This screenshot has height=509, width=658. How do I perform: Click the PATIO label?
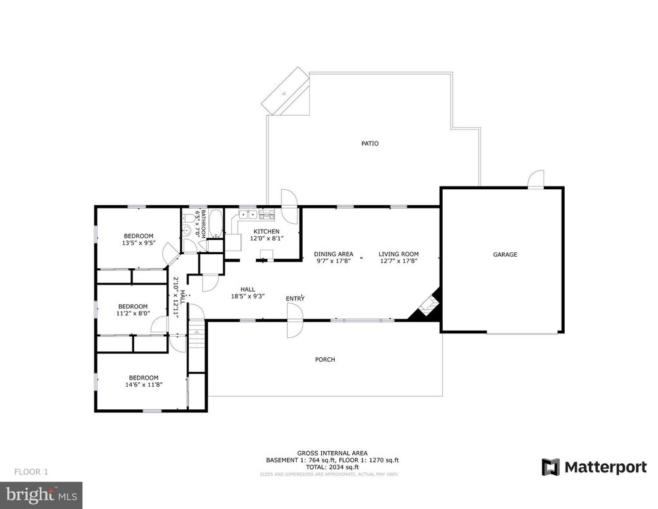(369, 143)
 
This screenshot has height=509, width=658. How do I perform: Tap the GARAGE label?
(505, 255)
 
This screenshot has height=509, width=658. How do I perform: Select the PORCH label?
(325, 360)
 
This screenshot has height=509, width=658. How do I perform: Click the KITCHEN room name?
(267, 232)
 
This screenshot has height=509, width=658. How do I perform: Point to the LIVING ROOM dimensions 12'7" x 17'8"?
(398, 261)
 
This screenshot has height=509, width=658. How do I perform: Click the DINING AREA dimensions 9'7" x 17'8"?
(333, 261)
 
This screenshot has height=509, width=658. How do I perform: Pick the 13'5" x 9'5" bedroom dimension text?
(138, 243)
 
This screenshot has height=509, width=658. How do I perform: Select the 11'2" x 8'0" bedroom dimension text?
(132, 314)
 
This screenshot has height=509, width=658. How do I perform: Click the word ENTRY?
(296, 299)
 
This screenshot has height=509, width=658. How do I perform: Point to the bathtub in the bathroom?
(216, 223)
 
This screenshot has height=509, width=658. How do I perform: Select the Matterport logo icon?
(550, 467)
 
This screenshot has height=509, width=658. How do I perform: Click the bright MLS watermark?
(41, 495)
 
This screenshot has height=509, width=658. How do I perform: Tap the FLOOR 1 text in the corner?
(31, 472)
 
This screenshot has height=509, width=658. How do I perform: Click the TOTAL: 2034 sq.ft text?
(332, 467)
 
